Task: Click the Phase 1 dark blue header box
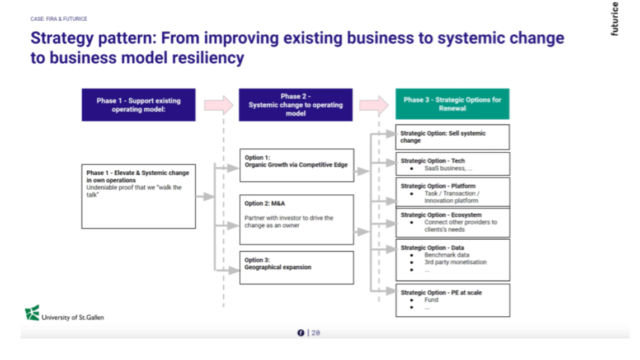(139, 105)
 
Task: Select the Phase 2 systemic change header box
(296, 105)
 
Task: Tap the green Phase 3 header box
(453, 104)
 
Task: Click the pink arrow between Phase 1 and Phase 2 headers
(218, 105)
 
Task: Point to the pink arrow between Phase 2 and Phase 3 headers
(374, 105)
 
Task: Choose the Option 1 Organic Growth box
(297, 165)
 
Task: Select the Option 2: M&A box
(297, 219)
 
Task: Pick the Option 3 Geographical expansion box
(297, 268)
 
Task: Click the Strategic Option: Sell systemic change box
(453, 137)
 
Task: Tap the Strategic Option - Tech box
(453, 164)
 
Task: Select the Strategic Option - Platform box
(453, 193)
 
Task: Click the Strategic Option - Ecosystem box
(453, 222)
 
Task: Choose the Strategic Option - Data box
(453, 259)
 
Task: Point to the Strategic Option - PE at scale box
(453, 300)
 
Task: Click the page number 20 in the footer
(316, 333)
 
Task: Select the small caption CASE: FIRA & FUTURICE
(59, 19)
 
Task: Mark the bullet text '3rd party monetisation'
(455, 262)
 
